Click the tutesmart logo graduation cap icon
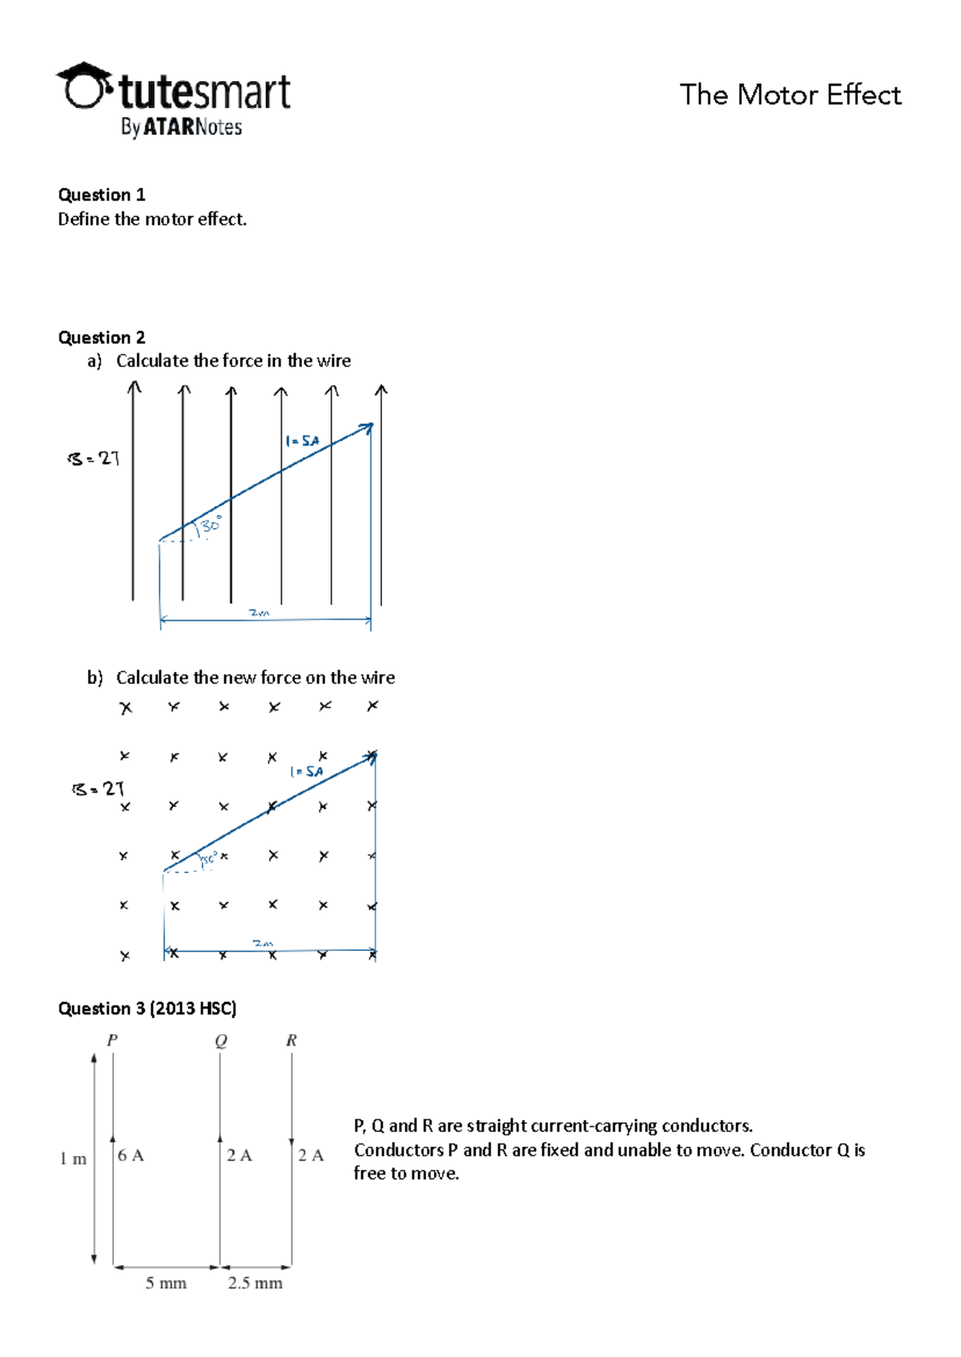[84, 86]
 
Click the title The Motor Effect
[790, 95]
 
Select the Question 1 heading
[102, 195]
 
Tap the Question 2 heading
[102, 337]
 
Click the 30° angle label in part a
[211, 525]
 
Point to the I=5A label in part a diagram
[302, 441]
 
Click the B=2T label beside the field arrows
[94, 459]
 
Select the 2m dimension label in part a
[259, 613]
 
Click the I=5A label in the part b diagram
[307, 771]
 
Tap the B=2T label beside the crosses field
[98, 789]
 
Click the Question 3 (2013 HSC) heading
[147, 1009]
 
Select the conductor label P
[112, 1040]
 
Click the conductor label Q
[221, 1040]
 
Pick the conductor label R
[292, 1040]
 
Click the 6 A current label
[131, 1155]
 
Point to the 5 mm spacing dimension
[166, 1283]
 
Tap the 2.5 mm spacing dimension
[255, 1283]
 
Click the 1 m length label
[73, 1158]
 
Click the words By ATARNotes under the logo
[181, 127]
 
